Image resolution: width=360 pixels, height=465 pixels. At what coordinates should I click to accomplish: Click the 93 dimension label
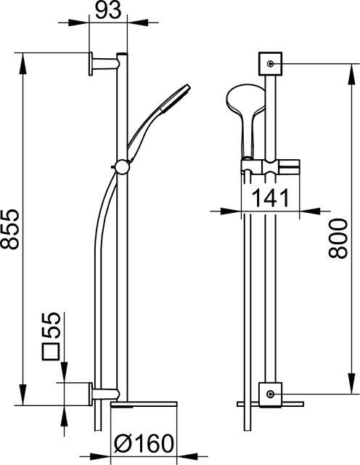click(109, 11)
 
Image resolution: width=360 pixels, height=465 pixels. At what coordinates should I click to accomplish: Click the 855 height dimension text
click(9, 229)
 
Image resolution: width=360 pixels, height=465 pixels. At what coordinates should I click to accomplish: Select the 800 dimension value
click(337, 238)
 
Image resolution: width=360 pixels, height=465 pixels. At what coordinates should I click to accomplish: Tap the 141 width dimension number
click(271, 198)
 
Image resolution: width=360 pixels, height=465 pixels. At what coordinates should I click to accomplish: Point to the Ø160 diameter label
click(144, 444)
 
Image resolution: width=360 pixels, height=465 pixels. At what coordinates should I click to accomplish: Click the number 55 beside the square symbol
click(51, 325)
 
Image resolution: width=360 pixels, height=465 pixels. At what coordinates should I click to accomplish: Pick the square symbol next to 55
click(52, 352)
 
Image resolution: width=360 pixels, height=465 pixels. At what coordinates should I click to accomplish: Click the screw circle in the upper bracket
click(270, 64)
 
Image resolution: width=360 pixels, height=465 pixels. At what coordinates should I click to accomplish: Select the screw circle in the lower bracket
click(270, 394)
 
